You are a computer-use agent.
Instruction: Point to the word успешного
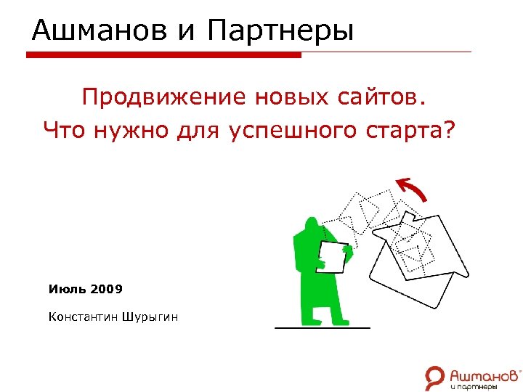coord(288,131)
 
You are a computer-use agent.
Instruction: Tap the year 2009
coord(107,289)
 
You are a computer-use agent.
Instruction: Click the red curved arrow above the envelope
coord(413,189)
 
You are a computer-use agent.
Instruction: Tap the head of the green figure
coord(313,224)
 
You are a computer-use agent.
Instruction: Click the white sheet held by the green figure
coord(332,256)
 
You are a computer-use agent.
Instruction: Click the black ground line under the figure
coord(322,328)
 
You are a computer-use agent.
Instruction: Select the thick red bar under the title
coord(163,54)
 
